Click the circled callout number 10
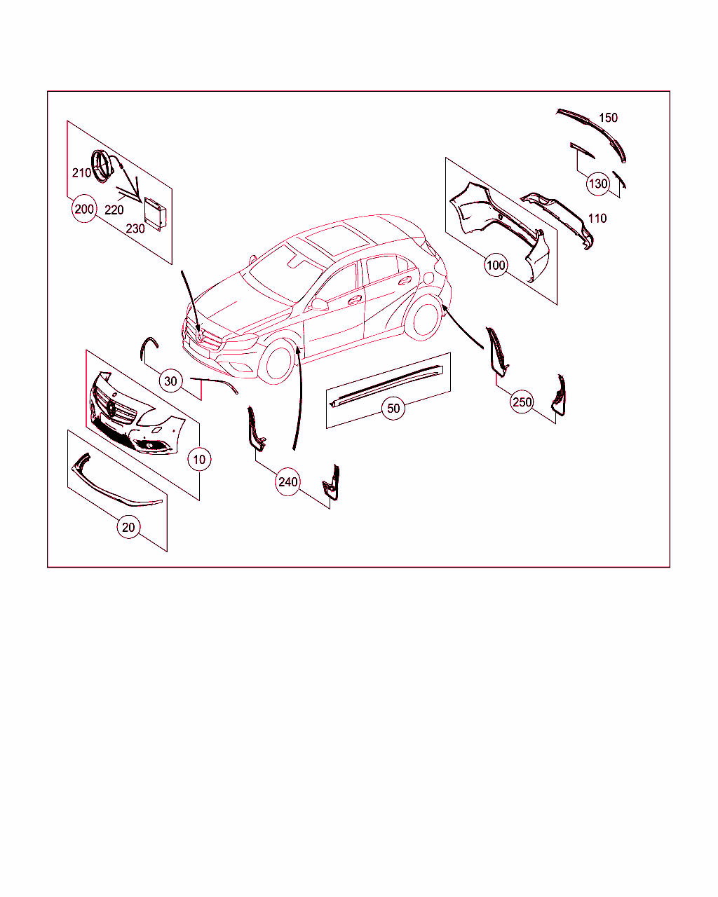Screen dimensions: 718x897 pyautogui.click(x=199, y=459)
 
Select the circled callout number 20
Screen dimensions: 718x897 pyautogui.click(x=128, y=527)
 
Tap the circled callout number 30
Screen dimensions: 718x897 pyautogui.click(x=170, y=381)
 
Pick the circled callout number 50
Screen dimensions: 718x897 pyautogui.click(x=393, y=408)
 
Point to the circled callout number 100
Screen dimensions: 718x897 pyautogui.click(x=496, y=265)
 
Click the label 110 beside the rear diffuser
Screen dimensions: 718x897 pyautogui.click(x=597, y=219)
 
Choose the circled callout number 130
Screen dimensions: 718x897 pyautogui.click(x=598, y=184)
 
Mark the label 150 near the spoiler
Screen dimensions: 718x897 pyautogui.click(x=608, y=118)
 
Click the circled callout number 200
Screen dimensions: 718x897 pyautogui.click(x=84, y=209)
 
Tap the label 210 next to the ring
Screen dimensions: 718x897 pyautogui.click(x=81, y=172)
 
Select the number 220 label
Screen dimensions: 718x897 pyautogui.click(x=114, y=210)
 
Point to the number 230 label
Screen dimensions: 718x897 pyautogui.click(x=135, y=228)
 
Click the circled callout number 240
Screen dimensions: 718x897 pyautogui.click(x=288, y=482)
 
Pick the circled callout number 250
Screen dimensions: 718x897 pyautogui.click(x=522, y=402)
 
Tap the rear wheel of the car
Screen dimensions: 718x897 pyautogui.click(x=424, y=317)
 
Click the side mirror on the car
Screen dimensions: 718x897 pyautogui.click(x=320, y=304)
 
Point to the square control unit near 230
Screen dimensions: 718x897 pyautogui.click(x=155, y=214)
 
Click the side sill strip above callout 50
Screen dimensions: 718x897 pyautogui.click(x=386, y=385)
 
